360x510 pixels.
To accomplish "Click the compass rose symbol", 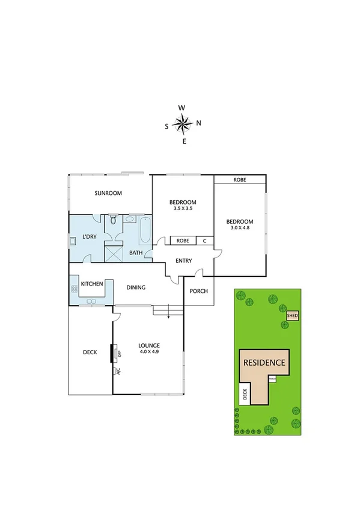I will click(x=182, y=124).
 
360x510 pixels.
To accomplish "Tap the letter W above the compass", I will click(x=182, y=108).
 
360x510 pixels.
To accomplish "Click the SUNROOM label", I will click(x=108, y=193).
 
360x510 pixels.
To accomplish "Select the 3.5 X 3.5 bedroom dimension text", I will click(x=182, y=209).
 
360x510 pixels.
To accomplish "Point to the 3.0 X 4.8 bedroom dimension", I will click(x=241, y=228).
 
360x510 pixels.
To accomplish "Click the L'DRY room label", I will click(x=90, y=237).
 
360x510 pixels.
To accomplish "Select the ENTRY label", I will click(x=183, y=260).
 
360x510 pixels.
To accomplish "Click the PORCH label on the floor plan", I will click(x=198, y=291).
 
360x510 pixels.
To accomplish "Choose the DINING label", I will click(x=136, y=287).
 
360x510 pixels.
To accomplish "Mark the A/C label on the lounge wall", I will click(x=118, y=372).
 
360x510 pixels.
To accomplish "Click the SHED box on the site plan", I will click(x=293, y=315).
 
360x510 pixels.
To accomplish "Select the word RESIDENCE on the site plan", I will click(x=263, y=363).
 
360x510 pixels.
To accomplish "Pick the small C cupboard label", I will click(x=204, y=241).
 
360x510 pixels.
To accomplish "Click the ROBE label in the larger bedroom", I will click(x=240, y=180).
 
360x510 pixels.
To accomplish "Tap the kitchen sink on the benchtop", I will click(x=93, y=301).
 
